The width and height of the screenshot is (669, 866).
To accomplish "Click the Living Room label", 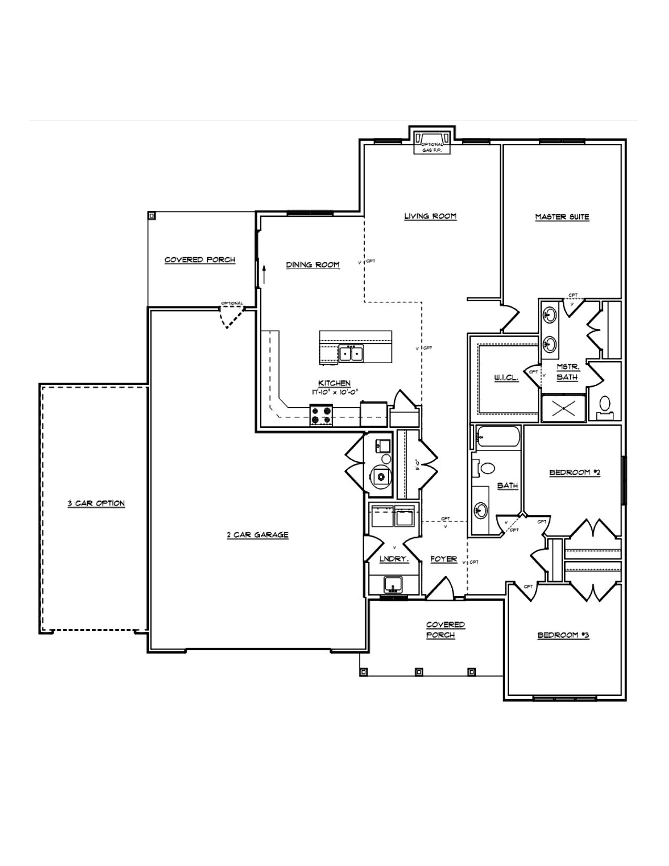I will pyautogui.click(x=430, y=216).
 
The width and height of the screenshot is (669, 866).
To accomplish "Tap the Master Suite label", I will pyautogui.click(x=562, y=217).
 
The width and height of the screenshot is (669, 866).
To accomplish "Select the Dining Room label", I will pyautogui.click(x=313, y=265).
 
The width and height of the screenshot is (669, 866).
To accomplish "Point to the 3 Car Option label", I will pyautogui.click(x=96, y=503).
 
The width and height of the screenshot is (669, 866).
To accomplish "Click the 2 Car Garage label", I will pyautogui.click(x=258, y=535).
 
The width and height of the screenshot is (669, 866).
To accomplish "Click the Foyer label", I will pyautogui.click(x=444, y=559).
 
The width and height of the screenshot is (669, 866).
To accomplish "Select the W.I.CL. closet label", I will pyautogui.click(x=506, y=377).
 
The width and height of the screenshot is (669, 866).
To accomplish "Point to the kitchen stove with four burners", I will pyautogui.click(x=321, y=415).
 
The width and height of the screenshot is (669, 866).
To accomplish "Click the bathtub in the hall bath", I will pyautogui.click(x=497, y=436).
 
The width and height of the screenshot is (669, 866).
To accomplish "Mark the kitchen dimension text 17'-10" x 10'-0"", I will pyautogui.click(x=334, y=391).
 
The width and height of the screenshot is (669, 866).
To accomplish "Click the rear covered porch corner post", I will pyautogui.click(x=152, y=215).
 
